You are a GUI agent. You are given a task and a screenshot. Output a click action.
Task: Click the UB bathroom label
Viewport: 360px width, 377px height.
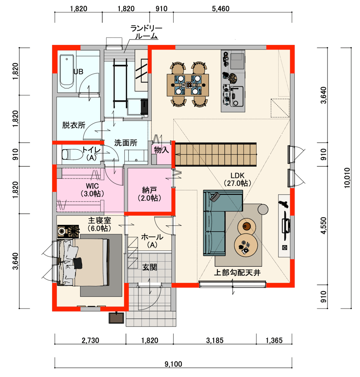pyautogui.click(x=78, y=72)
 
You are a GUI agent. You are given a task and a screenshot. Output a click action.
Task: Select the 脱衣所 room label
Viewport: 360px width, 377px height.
pyautogui.click(x=74, y=125)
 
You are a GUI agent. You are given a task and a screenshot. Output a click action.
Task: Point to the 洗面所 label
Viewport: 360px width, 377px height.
pyautogui.click(x=126, y=143)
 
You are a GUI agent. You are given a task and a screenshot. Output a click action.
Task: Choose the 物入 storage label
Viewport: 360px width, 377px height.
pyautogui.click(x=162, y=150)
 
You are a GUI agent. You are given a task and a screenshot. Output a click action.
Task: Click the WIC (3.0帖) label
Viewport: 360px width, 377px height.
pyautogui.click(x=92, y=190)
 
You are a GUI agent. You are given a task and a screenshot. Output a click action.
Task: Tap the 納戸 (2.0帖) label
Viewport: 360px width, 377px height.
pyautogui.click(x=149, y=194)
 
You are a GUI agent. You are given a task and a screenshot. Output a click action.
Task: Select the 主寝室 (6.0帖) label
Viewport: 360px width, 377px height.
pyautogui.click(x=99, y=224)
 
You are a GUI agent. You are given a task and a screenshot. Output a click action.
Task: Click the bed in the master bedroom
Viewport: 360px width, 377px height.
pyautogui.click(x=83, y=262)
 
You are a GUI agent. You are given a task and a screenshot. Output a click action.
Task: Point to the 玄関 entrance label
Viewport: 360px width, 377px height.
pyautogui.click(x=149, y=267)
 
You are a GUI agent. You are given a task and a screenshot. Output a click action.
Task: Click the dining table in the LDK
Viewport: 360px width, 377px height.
pyautogui.click(x=188, y=85)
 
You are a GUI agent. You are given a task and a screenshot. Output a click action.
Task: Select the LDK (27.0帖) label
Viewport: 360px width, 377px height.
pyautogui.click(x=237, y=180)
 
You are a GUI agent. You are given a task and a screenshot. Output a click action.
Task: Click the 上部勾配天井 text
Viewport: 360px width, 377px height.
pyautogui.click(x=237, y=273)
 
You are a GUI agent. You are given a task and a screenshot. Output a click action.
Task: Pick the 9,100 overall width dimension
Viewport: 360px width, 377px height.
pyautogui.click(x=173, y=364)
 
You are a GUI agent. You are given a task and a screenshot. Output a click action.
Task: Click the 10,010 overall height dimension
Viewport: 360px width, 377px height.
pyautogui.click(x=347, y=178)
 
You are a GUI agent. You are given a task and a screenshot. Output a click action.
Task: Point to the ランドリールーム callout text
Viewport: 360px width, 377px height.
pyautogui.click(x=146, y=32)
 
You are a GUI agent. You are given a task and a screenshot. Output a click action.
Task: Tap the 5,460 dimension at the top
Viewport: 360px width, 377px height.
pyautogui.click(x=221, y=9)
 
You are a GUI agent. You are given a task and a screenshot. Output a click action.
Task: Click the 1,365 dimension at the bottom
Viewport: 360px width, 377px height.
pyautogui.click(x=274, y=341)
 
